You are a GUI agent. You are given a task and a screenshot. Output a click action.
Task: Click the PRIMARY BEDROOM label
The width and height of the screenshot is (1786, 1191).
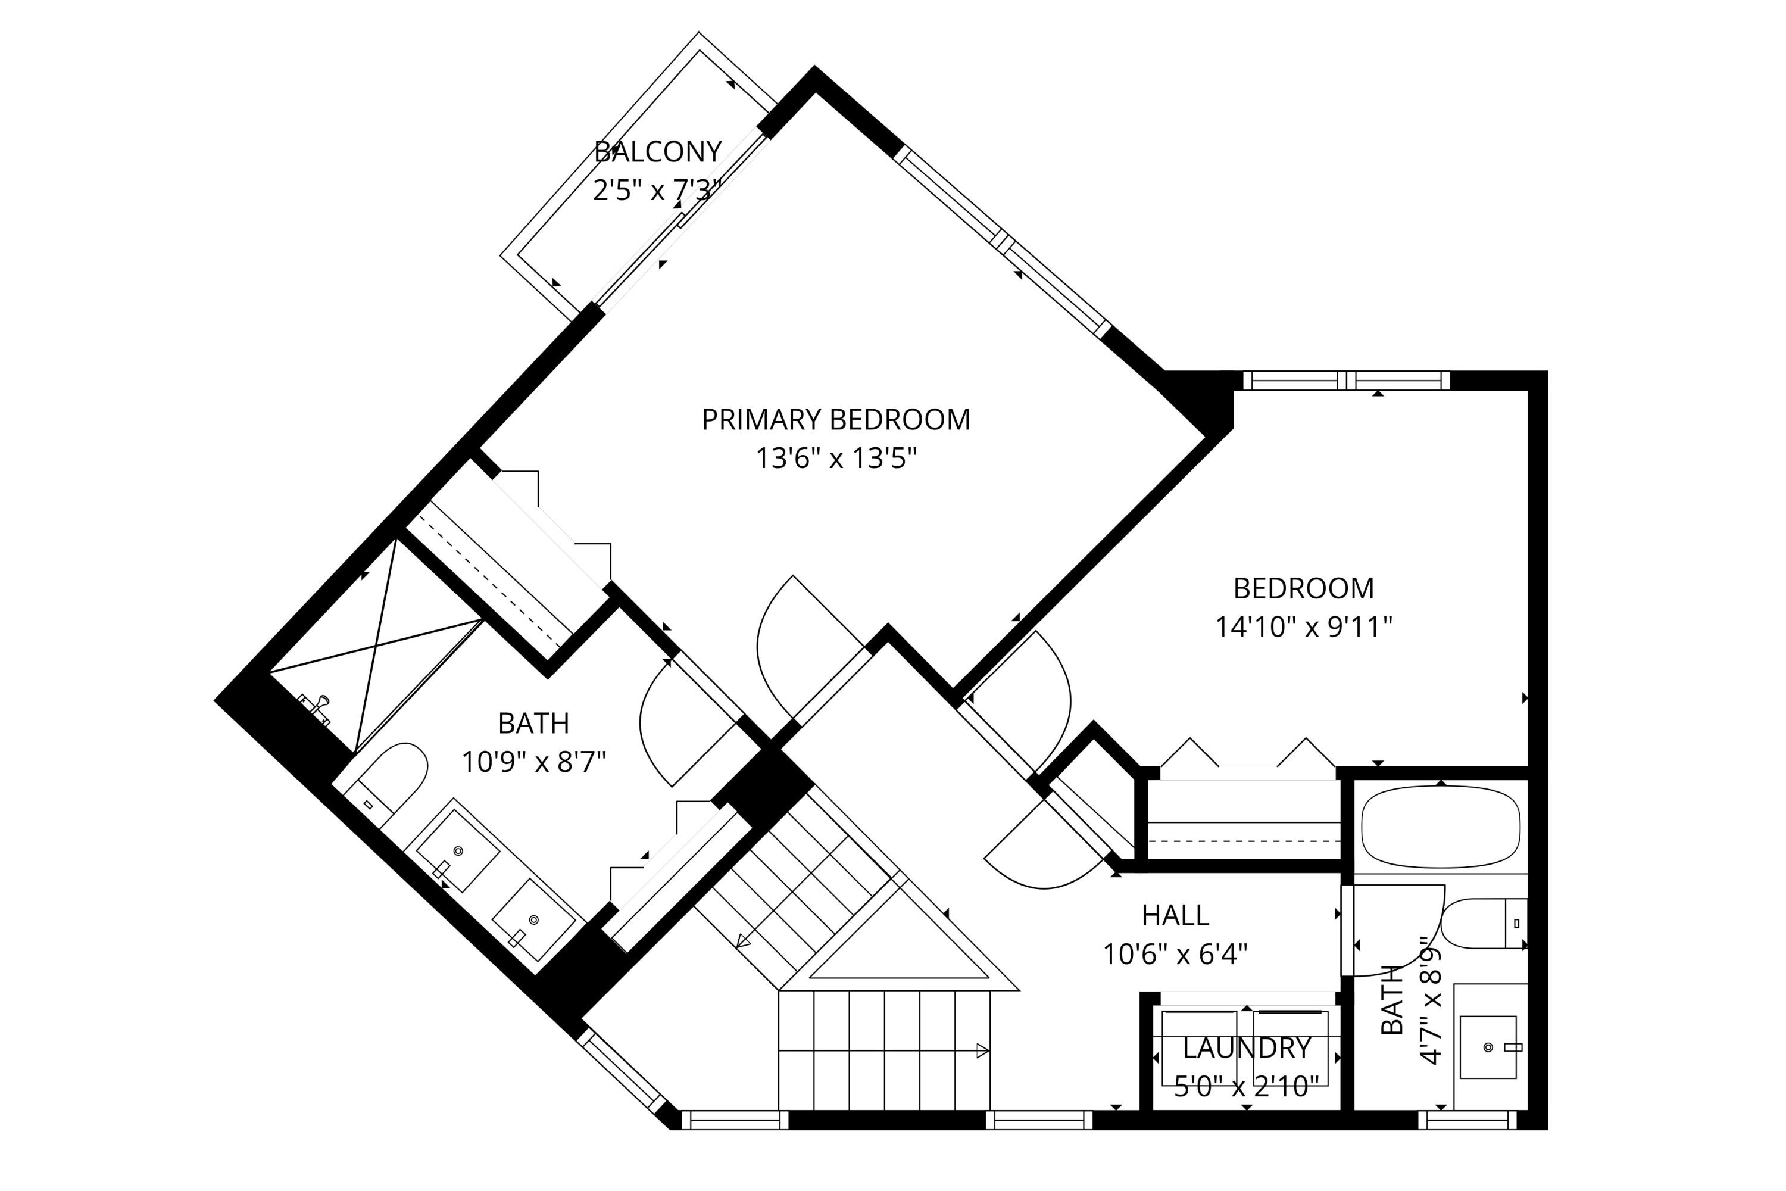(x=835, y=420)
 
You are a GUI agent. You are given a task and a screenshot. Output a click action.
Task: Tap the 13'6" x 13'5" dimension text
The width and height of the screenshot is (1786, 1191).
(x=836, y=459)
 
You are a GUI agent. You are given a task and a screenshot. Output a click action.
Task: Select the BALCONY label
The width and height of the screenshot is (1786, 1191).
(x=658, y=152)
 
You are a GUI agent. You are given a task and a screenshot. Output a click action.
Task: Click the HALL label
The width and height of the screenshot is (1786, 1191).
(x=1175, y=916)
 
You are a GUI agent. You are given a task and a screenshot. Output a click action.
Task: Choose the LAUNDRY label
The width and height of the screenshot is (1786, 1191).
(x=1247, y=1048)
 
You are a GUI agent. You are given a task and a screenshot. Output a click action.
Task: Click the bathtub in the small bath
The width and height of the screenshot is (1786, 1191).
(x=1441, y=827)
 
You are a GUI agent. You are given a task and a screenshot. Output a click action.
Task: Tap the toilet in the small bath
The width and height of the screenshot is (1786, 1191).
(x=1484, y=924)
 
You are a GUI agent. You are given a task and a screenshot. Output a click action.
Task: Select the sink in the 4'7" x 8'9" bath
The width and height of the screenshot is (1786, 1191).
(x=1488, y=1047)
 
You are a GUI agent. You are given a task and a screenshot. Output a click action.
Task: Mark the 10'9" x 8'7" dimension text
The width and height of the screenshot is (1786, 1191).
(x=534, y=762)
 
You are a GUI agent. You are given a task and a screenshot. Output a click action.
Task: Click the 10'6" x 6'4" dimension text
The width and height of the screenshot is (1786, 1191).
(x=1175, y=954)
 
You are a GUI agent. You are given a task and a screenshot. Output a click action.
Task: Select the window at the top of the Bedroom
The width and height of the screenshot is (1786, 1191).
(x=1346, y=380)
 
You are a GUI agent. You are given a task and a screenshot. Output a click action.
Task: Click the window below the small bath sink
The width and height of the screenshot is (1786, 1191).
(x=1467, y=1120)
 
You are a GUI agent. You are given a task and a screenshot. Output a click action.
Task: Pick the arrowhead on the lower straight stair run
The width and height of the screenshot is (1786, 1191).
(x=982, y=1051)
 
